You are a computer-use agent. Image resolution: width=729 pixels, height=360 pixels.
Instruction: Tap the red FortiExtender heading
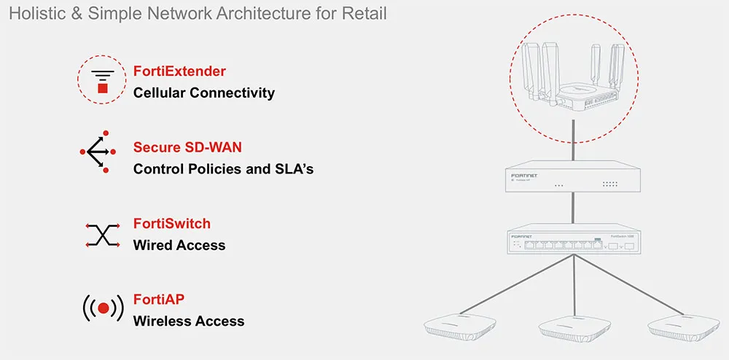coord(179,71)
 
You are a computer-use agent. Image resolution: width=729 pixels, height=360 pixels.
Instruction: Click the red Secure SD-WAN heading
coord(187,147)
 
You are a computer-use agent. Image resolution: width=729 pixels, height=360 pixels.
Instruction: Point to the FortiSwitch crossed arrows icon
coord(102,235)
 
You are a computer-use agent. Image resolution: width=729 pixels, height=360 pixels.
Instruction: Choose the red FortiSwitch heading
coord(171,224)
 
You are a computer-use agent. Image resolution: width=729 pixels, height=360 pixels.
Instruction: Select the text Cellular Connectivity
coord(203,93)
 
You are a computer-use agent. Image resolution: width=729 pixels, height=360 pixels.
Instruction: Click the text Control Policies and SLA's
coord(223,169)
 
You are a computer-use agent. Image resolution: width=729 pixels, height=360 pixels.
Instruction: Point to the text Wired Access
coord(179,246)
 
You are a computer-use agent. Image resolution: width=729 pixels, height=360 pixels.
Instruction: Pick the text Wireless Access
coord(188,321)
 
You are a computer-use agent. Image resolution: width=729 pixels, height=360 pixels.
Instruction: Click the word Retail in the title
coord(365,14)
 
